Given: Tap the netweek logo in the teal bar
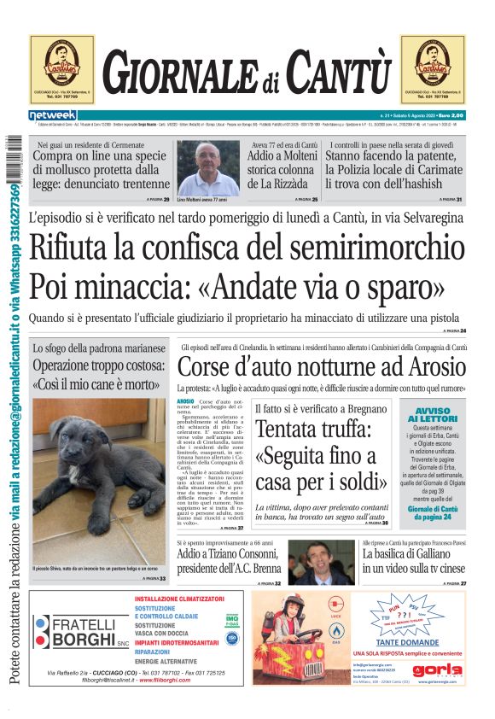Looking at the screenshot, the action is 53,115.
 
